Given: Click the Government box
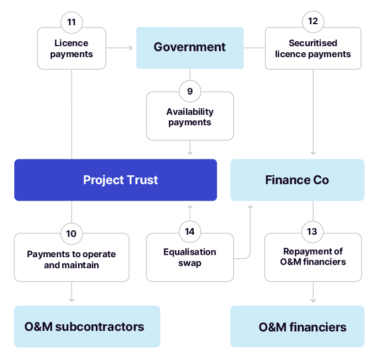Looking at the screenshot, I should tap(190, 48).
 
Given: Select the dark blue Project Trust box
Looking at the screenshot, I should tap(116, 180).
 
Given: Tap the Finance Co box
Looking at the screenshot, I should tap(297, 180).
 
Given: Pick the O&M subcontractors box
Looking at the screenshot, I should tap(87, 326).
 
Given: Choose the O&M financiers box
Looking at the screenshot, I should tap(297, 327).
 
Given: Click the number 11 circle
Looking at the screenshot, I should tap(72, 23).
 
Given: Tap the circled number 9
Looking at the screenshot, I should tap(190, 91).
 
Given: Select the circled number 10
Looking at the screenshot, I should tap(72, 233).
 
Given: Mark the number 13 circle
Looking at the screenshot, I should tap(313, 231).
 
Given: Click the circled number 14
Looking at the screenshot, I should tap(190, 231).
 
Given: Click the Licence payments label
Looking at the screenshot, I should tap(72, 48).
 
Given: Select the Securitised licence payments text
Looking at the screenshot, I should tap(313, 48).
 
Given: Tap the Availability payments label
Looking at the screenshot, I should tap(190, 117).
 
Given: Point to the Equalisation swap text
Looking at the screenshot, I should tap(190, 257).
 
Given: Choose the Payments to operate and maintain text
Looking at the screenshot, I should tap(72, 259).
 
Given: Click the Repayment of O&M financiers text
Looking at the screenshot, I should tap(313, 257).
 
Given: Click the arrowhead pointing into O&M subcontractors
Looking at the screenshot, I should tap(72, 300).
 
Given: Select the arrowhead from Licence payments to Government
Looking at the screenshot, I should tap(130, 48).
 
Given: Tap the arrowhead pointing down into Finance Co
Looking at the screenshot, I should tap(313, 153).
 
